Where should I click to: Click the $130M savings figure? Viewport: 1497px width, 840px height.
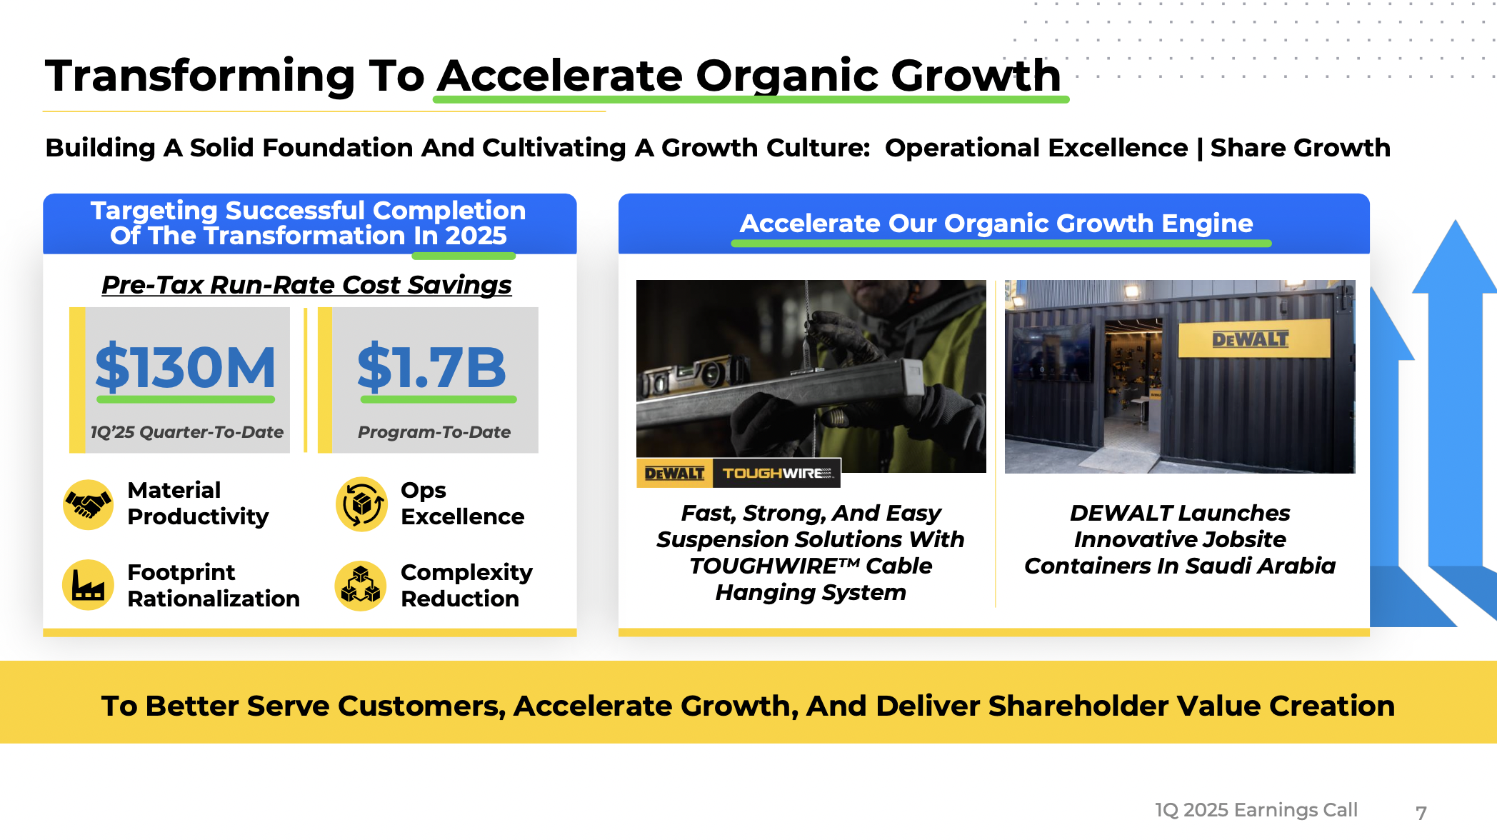pyautogui.click(x=185, y=367)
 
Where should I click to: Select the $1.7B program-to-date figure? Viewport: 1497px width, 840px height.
pyautogui.click(x=432, y=367)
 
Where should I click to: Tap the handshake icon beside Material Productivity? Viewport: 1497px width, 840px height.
pyautogui.click(x=88, y=504)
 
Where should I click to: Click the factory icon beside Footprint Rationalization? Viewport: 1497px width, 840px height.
pyautogui.click(x=88, y=585)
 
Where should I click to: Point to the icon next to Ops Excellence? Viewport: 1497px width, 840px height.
pyautogui.click(x=361, y=504)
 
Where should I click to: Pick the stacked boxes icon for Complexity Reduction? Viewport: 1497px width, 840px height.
pyautogui.click(x=361, y=585)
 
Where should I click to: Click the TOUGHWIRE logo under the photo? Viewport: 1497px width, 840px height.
pyautogui.click(x=777, y=473)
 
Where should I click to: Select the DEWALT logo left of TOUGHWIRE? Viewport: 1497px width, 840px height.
pyautogui.click(x=674, y=473)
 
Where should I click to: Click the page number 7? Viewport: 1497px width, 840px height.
pyautogui.click(x=1421, y=813)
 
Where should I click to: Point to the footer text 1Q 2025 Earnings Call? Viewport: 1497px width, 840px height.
pyautogui.click(x=1256, y=810)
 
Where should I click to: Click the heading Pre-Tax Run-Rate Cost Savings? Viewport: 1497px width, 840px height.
pyautogui.click(x=306, y=285)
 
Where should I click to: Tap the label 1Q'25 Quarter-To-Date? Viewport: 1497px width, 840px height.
pyautogui.click(x=187, y=432)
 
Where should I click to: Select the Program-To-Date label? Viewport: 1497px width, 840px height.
pyautogui.click(x=434, y=432)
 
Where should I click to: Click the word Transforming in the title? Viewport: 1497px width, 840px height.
pyautogui.click(x=201, y=76)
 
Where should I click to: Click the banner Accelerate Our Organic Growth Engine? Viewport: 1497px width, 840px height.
pyautogui.click(x=996, y=224)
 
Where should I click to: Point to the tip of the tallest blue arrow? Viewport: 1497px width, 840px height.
pyautogui.click(x=1455, y=220)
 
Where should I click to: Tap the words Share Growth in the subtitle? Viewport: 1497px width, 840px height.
pyautogui.click(x=1301, y=148)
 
